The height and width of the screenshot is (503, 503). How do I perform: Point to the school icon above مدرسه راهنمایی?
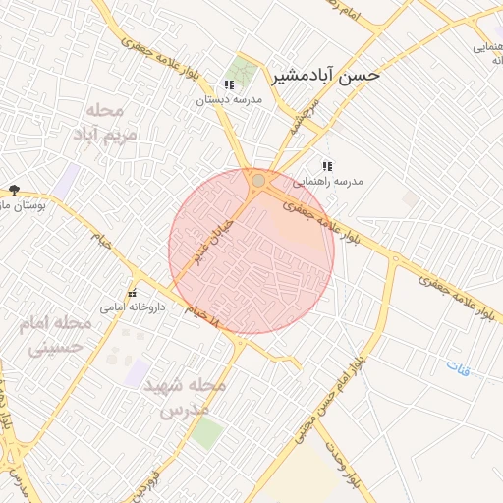[x=326, y=167]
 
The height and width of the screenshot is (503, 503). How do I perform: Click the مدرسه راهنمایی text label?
[x=336, y=182]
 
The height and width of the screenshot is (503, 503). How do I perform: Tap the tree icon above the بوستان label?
[x=13, y=189]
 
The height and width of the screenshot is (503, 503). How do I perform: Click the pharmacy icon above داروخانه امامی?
[x=132, y=294]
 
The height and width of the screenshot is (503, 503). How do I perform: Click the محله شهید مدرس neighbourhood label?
[x=185, y=396]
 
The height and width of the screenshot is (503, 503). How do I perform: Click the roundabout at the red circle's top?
[x=257, y=181]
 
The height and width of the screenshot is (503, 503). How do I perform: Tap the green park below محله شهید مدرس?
[x=206, y=433]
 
